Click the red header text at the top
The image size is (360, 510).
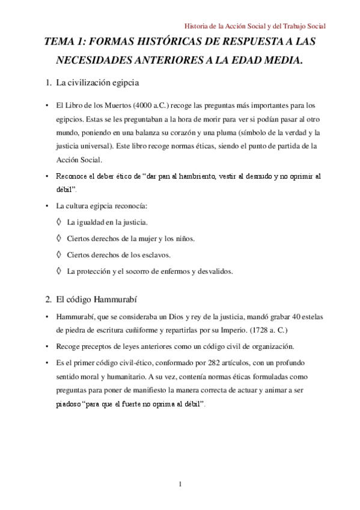coord(254,26)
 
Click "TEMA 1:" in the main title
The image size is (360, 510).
coord(66,43)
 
